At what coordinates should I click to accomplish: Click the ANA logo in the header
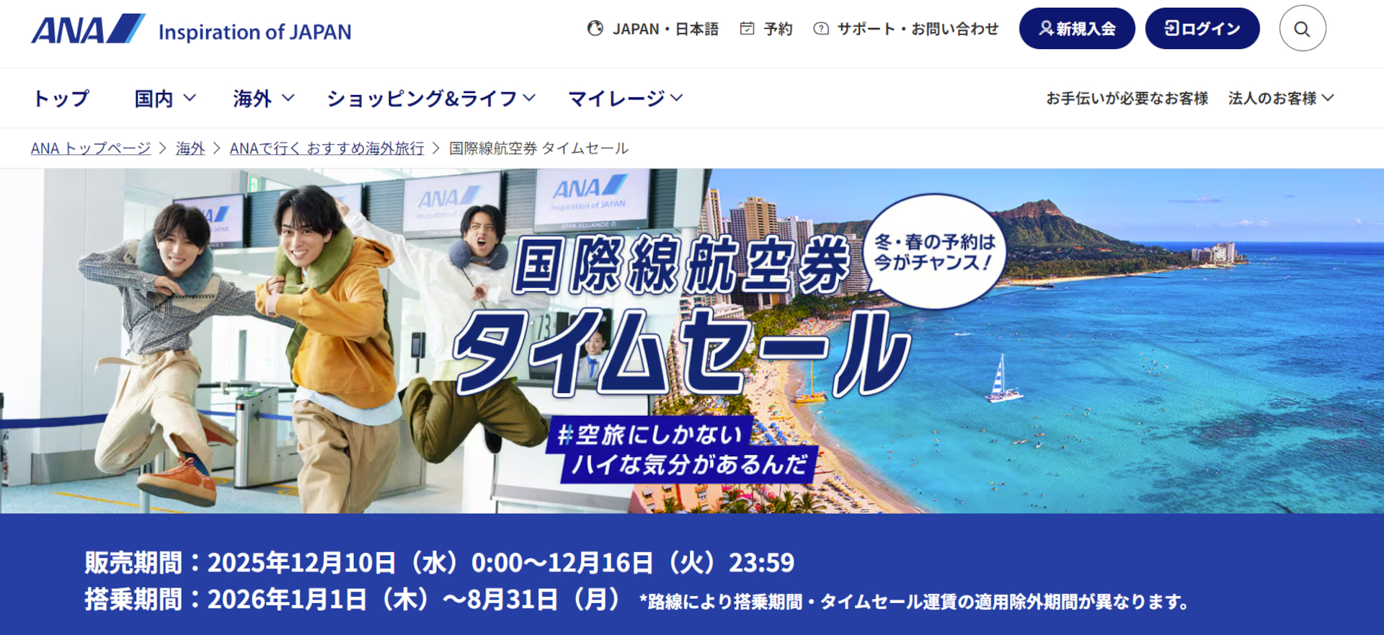pyautogui.click(x=88, y=30)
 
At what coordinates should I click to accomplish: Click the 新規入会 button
pyautogui.click(x=1077, y=29)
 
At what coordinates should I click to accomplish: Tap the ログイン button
pyautogui.click(x=1202, y=29)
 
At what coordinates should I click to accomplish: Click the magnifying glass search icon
pyautogui.click(x=1302, y=29)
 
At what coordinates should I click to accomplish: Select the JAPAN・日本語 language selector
pyautogui.click(x=653, y=29)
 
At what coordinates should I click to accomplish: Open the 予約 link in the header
pyautogui.click(x=767, y=29)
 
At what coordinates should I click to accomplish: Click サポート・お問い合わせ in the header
pyautogui.click(x=907, y=29)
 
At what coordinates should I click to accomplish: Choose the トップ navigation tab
pyautogui.click(x=61, y=98)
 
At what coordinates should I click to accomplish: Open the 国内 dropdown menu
pyautogui.click(x=165, y=98)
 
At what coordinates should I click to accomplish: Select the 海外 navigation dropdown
pyautogui.click(x=263, y=98)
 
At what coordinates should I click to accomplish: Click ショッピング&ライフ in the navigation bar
pyautogui.click(x=431, y=98)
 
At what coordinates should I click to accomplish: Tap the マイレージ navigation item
pyautogui.click(x=625, y=98)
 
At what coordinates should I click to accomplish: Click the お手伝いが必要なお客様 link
pyautogui.click(x=1127, y=98)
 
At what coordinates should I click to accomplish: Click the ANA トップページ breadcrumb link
pyautogui.click(x=91, y=148)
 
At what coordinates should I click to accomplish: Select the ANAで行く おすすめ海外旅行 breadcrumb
pyautogui.click(x=327, y=148)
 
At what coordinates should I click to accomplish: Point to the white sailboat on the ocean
pyautogui.click(x=1002, y=379)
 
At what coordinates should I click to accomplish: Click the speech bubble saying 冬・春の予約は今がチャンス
pyautogui.click(x=934, y=252)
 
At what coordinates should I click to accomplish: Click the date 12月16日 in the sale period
pyautogui.click(x=600, y=563)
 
